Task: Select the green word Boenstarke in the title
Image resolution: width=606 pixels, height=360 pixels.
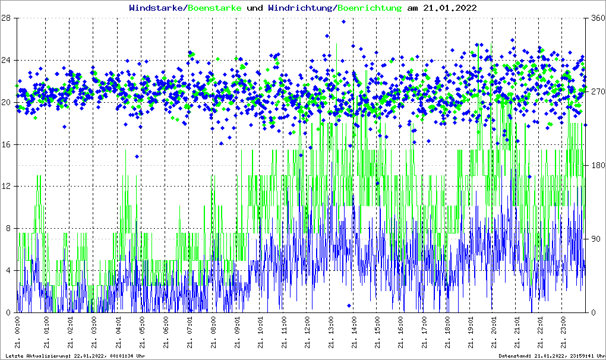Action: point(214,8)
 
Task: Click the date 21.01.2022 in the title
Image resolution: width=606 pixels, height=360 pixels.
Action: point(449,8)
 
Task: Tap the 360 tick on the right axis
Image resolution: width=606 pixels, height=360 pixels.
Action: point(595,18)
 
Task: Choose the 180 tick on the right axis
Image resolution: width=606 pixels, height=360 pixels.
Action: point(595,166)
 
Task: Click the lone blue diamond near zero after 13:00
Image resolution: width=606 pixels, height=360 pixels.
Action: point(349,305)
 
